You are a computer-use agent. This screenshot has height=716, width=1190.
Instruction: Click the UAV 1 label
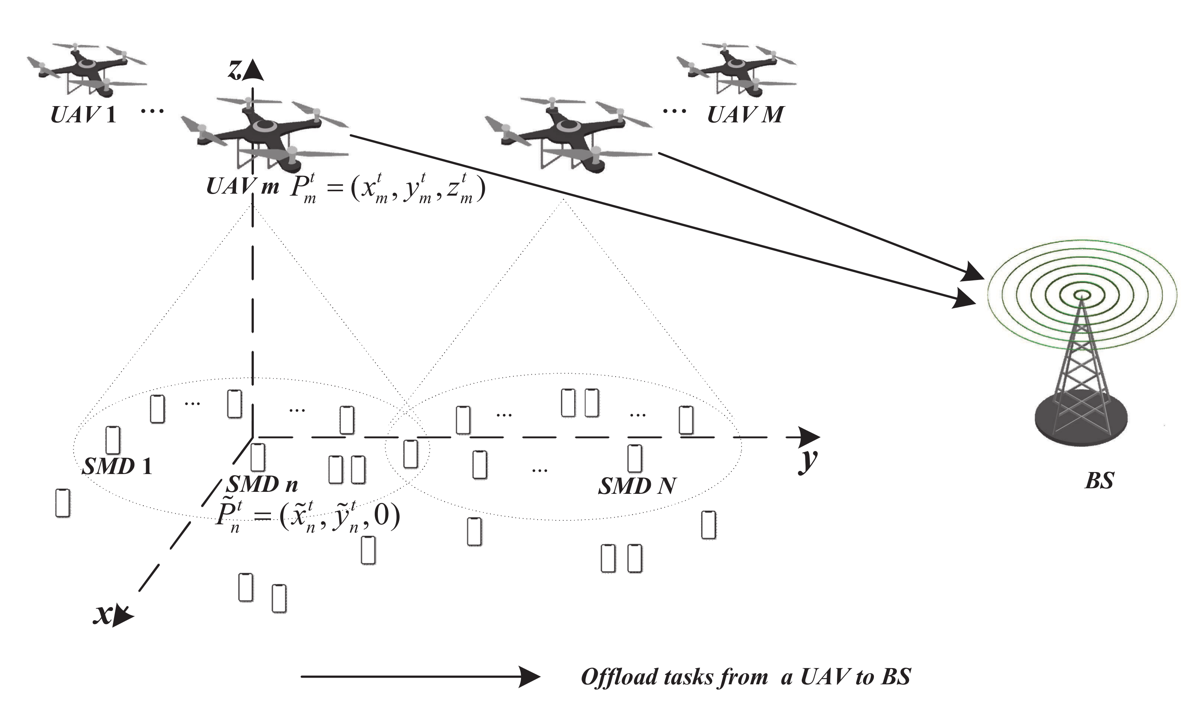tap(83, 115)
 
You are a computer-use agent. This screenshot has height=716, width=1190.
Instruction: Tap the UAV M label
tap(745, 115)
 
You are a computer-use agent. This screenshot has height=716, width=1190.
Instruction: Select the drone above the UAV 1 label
tap(87, 70)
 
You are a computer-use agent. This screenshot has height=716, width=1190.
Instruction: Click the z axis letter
tap(235, 70)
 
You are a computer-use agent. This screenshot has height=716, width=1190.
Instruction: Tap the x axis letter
tap(103, 615)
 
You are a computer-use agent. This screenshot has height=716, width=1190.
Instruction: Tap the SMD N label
tap(637, 486)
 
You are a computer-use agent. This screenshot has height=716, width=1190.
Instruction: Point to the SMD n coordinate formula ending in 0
tap(308, 518)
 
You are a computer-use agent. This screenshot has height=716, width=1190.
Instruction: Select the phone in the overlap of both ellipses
tap(410, 454)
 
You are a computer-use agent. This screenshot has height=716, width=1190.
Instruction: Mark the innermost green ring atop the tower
tap(1081, 294)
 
